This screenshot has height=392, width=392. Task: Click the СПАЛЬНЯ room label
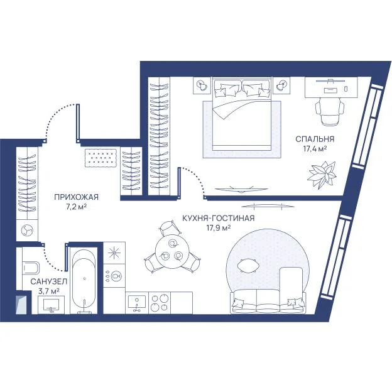315,139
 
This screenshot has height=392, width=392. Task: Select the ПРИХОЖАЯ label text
76,197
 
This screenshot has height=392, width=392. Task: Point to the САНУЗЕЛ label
49,281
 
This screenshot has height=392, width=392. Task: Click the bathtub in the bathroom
84,280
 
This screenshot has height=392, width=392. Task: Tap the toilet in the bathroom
31,269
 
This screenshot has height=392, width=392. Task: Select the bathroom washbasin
52,305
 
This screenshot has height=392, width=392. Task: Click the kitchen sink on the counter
137,303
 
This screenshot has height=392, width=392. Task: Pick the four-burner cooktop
160,303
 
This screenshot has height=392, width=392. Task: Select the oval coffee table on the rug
248,266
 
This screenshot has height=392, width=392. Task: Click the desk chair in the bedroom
330,111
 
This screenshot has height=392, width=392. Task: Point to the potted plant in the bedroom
322,175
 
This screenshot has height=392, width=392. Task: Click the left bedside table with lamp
202,85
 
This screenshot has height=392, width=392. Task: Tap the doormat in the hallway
101,158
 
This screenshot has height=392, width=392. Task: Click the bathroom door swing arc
52,262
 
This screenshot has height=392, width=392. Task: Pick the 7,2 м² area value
77,207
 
